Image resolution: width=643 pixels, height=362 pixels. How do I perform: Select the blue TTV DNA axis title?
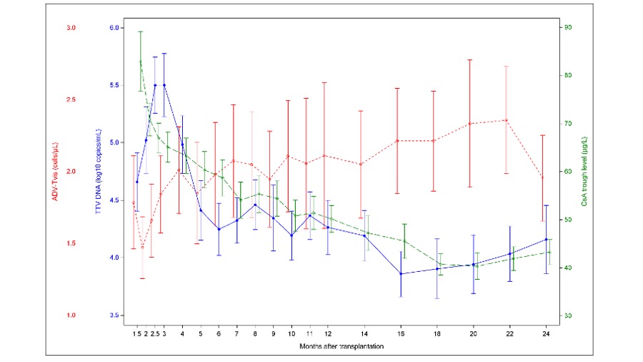click(x=99, y=172)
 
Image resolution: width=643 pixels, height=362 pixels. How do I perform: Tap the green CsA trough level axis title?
click(x=583, y=172)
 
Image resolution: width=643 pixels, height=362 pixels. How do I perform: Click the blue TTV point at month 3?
click(x=164, y=84)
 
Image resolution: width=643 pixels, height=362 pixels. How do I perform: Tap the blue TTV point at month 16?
click(x=401, y=273)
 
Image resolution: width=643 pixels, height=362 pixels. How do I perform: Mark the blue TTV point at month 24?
click(x=546, y=239)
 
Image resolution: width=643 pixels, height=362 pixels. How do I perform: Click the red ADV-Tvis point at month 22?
click(x=506, y=120)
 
